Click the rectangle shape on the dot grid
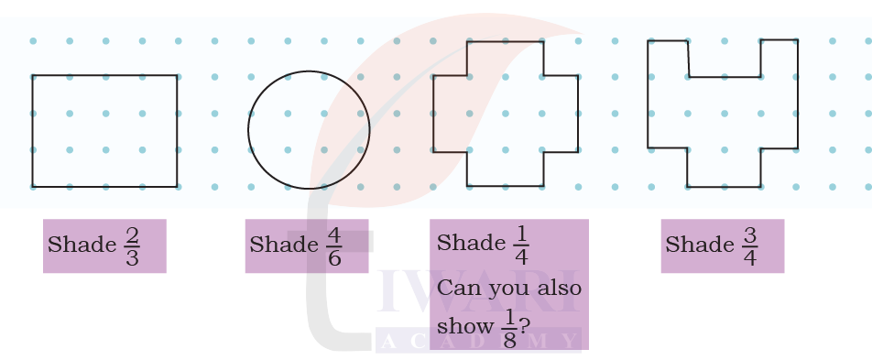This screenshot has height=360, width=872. click(x=104, y=131)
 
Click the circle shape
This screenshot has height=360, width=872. click(x=309, y=130)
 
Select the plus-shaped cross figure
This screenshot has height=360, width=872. click(x=506, y=114)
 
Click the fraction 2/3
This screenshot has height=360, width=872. click(x=132, y=245)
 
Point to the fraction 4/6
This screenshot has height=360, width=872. click(x=334, y=245)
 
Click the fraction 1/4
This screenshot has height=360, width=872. click(x=521, y=244)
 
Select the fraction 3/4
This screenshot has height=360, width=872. click(x=749, y=245)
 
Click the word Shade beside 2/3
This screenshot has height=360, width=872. click(x=81, y=245)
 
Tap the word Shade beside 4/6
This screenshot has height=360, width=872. click(x=282, y=245)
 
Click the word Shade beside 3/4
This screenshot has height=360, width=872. click(x=698, y=245)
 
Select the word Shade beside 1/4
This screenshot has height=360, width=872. click(x=470, y=244)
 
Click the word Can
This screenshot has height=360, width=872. click(x=457, y=289)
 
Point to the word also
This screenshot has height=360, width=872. click(x=557, y=289)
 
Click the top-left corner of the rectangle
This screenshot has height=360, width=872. click(x=32, y=75)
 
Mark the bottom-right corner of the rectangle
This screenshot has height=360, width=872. click(x=177, y=187)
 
